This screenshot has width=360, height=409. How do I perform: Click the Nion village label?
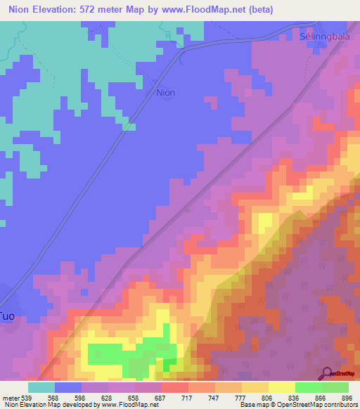pyautogui.click(x=165, y=92)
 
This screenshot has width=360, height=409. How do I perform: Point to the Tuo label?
pyautogui.click(x=7, y=316)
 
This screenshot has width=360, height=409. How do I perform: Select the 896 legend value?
pyautogui.click(x=347, y=397)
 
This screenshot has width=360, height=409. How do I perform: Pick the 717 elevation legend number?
pyautogui.click(x=188, y=397)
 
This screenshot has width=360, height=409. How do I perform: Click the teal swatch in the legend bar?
pyautogui.click(x=41, y=387)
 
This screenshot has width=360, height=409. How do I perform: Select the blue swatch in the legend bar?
pyautogui.click(x=68, y=387)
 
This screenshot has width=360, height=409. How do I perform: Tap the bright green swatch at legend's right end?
pyautogui.click(x=335, y=387)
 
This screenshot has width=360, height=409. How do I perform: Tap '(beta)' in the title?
pyautogui.click(x=258, y=10)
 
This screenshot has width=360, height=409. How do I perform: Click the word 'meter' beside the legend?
pyautogui.click(x=11, y=397)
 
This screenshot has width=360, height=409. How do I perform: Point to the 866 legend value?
pyautogui.click(x=320, y=397)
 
